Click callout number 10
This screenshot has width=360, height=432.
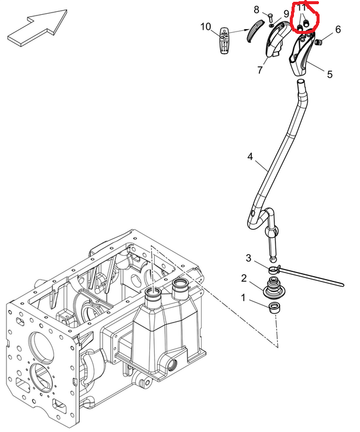pyautogui.click(x=206, y=27)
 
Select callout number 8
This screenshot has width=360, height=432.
pyautogui.click(x=257, y=10)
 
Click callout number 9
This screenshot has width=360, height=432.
pyautogui.click(x=286, y=14)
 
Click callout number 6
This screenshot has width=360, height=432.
pyautogui.click(x=338, y=29)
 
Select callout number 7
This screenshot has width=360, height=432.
pyautogui.click(x=260, y=70)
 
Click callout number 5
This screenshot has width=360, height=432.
pyautogui.click(x=329, y=74)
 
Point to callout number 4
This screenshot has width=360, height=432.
pyautogui.click(x=251, y=157)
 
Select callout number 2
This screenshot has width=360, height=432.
pyautogui.click(x=244, y=278)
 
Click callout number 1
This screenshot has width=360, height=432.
pyautogui.click(x=243, y=297)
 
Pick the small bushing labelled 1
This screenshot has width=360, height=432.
pyautogui.click(x=276, y=308)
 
